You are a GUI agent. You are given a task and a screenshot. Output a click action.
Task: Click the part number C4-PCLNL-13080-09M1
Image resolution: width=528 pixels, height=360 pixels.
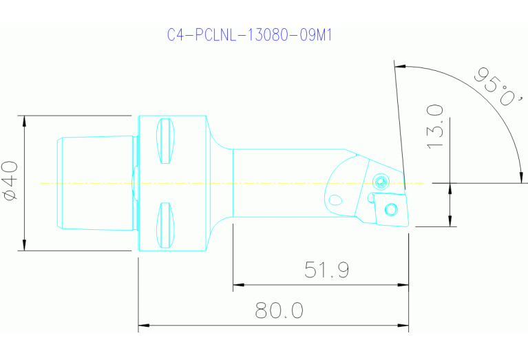point(251,35)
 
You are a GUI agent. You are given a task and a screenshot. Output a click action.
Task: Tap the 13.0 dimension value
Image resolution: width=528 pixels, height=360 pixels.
point(434,127)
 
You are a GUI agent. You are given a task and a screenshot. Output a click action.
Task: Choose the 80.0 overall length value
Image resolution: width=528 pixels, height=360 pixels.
point(279,310)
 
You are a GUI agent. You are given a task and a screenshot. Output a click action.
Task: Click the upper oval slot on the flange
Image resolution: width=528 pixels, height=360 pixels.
point(165,142)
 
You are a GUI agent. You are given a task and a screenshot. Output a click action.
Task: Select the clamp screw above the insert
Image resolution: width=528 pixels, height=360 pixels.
point(380,181)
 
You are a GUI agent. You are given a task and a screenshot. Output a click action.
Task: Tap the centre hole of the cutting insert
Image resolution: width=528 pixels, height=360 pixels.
point(390,209)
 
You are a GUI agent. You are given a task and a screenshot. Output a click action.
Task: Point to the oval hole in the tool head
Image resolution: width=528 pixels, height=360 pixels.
point(335,201)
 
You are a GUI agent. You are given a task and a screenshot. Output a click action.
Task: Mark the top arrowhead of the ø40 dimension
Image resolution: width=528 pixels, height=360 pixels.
point(25,120)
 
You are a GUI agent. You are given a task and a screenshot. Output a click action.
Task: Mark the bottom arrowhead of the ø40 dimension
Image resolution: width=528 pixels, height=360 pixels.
point(25,246)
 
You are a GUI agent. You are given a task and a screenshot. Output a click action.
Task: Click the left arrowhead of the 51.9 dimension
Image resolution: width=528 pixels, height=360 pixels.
point(237,284)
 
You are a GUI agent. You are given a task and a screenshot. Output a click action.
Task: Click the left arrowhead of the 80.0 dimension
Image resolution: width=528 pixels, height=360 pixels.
point(143,324)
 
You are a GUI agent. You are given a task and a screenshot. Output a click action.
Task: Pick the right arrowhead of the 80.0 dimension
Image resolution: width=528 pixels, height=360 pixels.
point(404,324)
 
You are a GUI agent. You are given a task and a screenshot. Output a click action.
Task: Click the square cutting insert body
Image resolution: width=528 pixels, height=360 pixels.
point(388,210)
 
